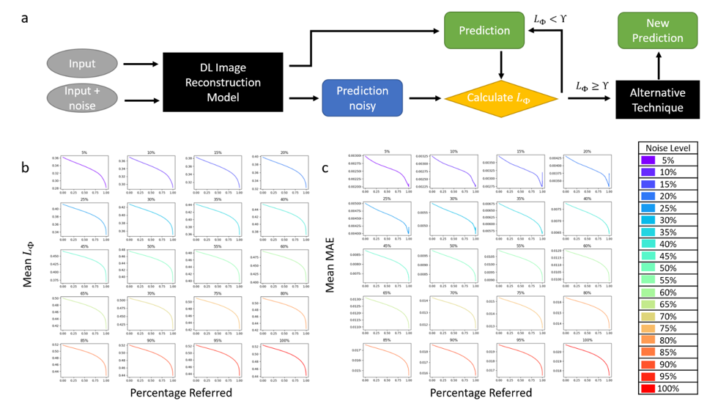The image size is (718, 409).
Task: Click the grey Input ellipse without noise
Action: pos(82,64)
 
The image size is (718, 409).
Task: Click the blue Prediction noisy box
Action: pos(362,97)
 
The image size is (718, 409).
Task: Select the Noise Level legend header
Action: pos(669,147)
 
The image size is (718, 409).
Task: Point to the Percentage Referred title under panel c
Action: pos(481,393)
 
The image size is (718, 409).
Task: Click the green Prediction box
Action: pos(484,31)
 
